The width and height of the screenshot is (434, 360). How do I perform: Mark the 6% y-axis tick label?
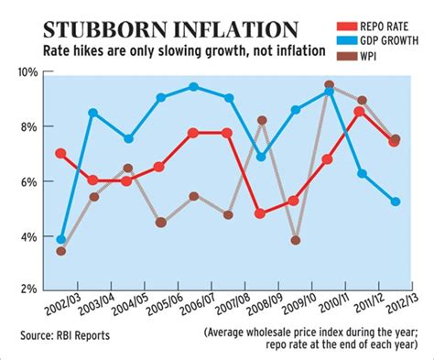(27, 180)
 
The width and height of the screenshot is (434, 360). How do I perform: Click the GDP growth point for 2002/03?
(61, 239)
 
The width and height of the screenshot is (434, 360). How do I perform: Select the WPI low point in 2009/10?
(296, 240)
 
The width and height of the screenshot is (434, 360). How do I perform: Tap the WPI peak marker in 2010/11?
(329, 85)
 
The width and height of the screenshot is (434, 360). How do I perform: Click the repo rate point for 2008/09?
(261, 213)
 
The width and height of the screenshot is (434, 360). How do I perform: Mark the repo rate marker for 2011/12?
(361, 112)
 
